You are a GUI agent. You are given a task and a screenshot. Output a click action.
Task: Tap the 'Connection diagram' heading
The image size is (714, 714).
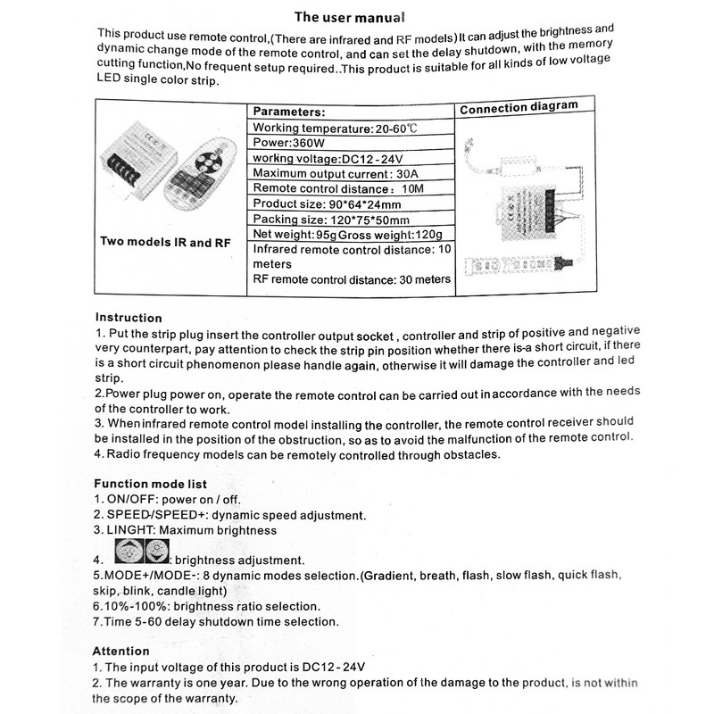pyautogui.click(x=518, y=107)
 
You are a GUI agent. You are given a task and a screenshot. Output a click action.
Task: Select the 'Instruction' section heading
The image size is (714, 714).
pyautogui.click(x=129, y=318)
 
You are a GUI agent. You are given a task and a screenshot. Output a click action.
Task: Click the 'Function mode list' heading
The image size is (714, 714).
pyautogui.click(x=150, y=485)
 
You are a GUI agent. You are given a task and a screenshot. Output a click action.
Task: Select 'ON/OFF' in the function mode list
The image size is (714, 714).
pyautogui.click(x=133, y=500)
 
